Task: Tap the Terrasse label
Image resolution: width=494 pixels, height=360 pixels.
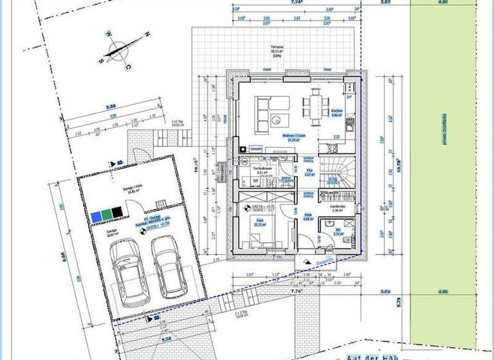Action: point(277,48)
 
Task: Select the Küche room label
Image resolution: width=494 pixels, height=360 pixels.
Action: point(336,112)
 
